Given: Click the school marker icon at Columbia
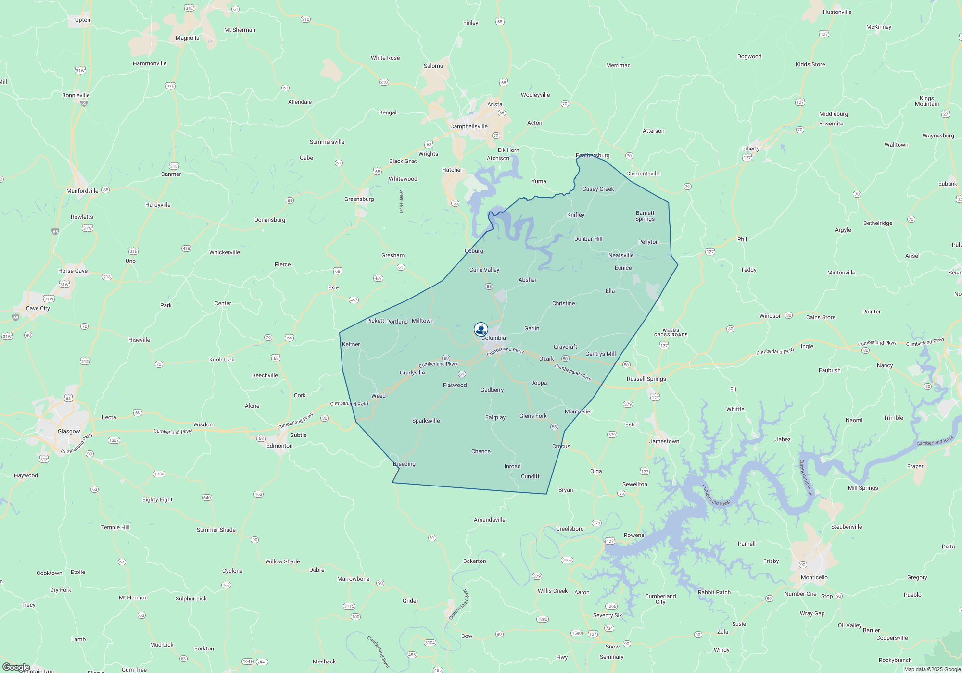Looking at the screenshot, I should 481,329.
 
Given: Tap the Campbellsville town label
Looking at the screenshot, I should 468,126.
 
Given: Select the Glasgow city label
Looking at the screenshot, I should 69,431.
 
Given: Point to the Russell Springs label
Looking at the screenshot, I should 646,379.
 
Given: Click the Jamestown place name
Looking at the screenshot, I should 664,441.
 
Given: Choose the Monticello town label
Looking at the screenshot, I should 814,577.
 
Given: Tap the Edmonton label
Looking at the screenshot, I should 279,446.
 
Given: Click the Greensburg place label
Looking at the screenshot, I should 359,199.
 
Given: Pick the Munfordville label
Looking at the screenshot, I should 82,191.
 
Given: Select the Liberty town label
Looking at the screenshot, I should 750,149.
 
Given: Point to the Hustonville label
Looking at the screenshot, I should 837,12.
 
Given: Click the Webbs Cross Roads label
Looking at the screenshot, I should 671,333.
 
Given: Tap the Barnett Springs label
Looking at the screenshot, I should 645,216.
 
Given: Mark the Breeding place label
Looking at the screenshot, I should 404,464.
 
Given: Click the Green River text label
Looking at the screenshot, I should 401,201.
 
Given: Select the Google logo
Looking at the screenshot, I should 16,667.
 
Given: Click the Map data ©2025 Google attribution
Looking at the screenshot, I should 932,669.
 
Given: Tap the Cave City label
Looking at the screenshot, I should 38,308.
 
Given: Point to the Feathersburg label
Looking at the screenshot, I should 593,155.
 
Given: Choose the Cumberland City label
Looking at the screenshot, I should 660,599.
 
